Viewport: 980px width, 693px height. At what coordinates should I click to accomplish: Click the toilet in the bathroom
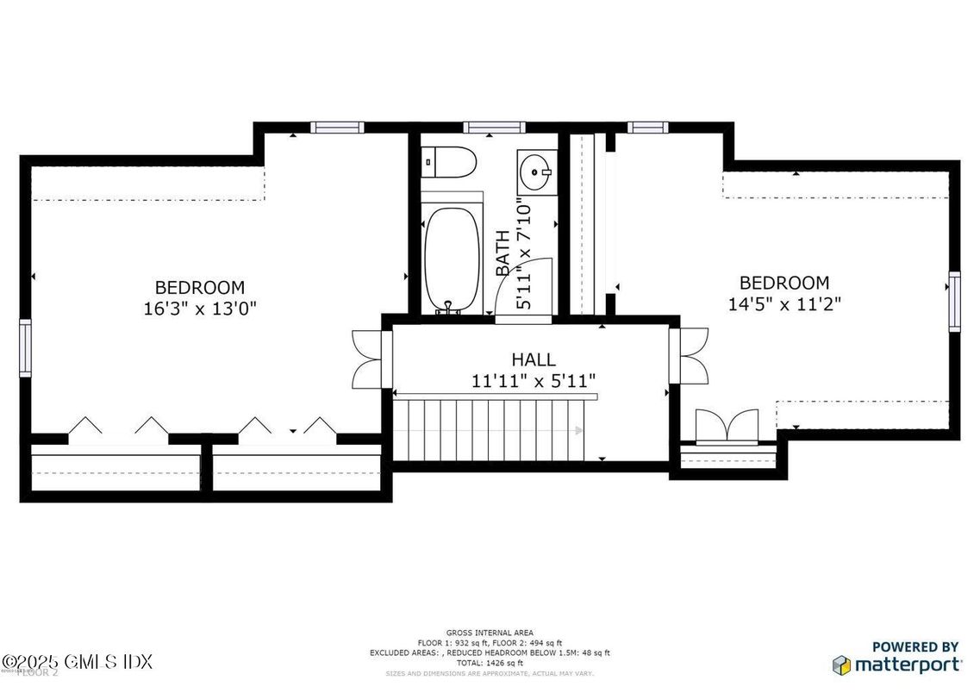450,161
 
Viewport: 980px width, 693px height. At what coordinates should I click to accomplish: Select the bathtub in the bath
453,259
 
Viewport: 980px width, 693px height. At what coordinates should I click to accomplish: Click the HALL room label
534,359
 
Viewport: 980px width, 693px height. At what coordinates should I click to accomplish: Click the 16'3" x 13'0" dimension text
200,308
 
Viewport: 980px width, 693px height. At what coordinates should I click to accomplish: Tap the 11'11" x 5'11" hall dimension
534,380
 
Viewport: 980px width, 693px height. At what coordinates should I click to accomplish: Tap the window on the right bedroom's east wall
954,301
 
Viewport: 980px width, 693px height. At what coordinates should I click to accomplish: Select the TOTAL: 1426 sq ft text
489,663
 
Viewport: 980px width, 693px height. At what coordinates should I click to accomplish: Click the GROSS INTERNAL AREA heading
489,633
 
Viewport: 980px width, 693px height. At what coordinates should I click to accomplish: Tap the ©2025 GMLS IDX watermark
78,662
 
